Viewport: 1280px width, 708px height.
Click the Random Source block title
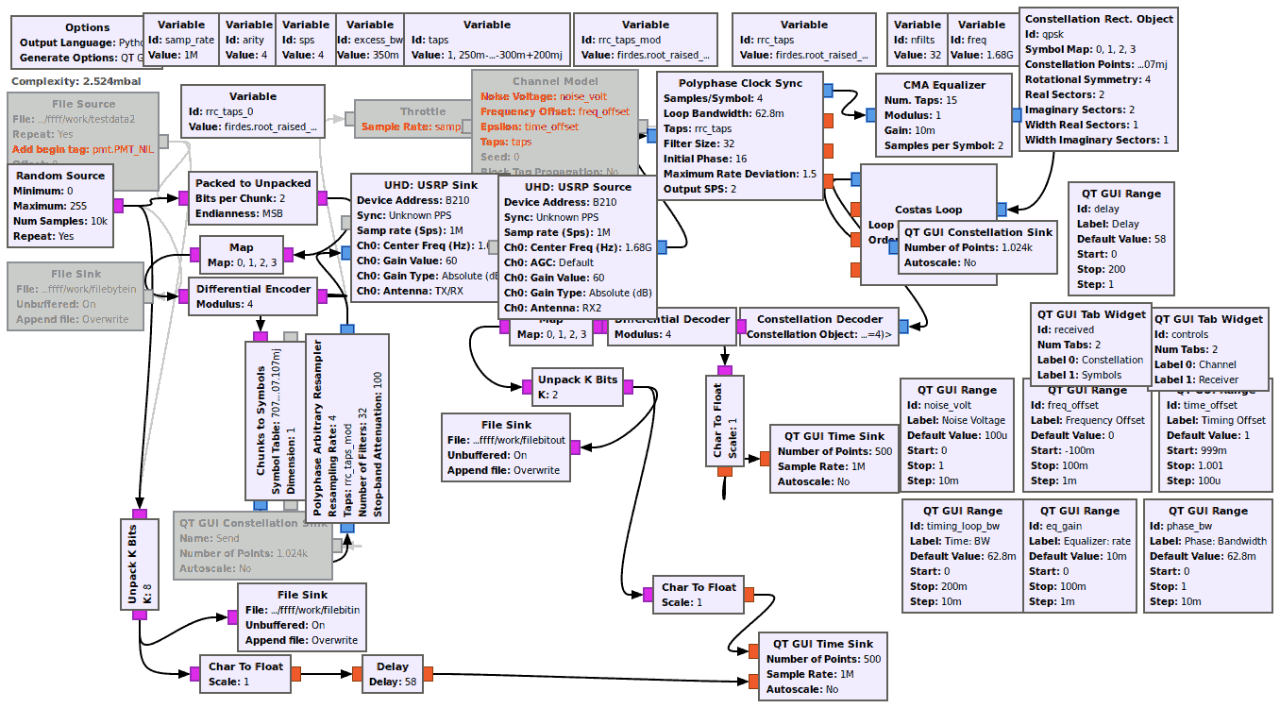(61, 176)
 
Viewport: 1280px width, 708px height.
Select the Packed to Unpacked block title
(253, 183)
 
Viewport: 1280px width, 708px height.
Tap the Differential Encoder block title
(253, 289)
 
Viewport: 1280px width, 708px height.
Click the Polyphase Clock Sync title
(733, 83)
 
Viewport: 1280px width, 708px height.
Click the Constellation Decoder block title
(819, 319)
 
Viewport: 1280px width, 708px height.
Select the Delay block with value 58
(392, 674)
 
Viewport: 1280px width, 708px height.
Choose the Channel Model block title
(555, 82)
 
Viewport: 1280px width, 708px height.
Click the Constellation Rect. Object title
(1099, 19)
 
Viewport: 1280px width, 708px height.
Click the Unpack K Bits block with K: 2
(577, 387)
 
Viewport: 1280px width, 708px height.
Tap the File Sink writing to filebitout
(505, 447)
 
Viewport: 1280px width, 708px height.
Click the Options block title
(75, 28)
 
